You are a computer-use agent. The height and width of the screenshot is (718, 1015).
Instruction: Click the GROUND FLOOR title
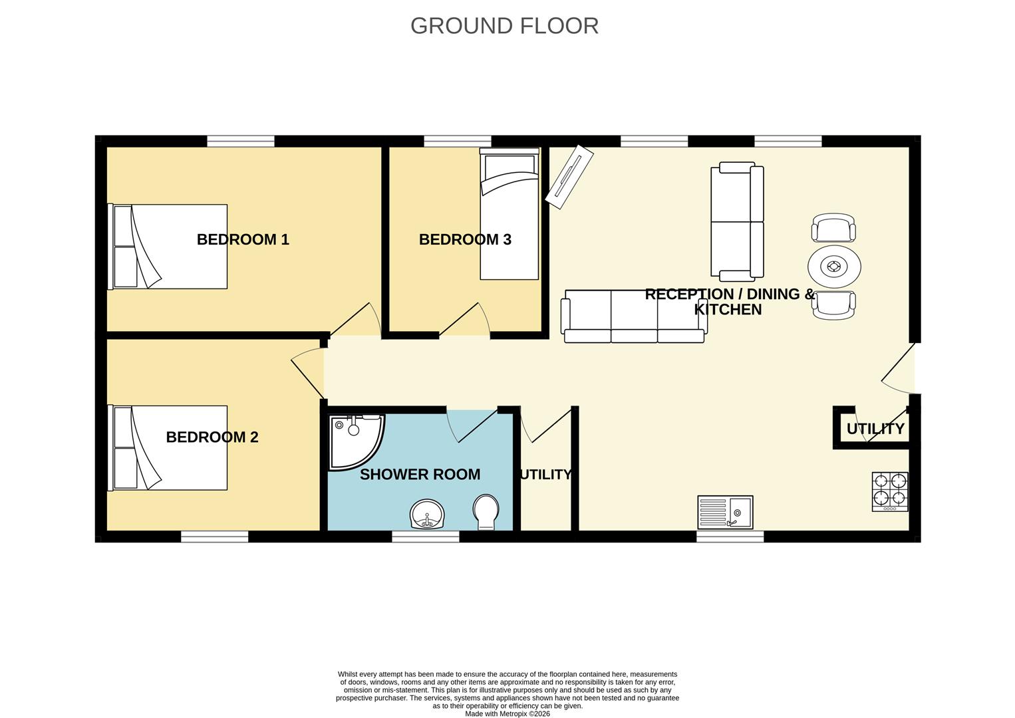(504, 26)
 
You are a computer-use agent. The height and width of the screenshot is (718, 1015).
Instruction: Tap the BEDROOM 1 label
(243, 239)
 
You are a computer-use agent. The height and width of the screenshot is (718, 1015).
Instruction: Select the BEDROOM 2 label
(212, 437)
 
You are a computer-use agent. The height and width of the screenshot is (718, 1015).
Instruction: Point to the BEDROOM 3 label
(465, 239)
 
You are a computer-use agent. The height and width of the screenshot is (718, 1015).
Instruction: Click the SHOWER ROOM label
(420, 474)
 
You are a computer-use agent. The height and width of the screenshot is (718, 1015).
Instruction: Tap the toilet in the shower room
(486, 512)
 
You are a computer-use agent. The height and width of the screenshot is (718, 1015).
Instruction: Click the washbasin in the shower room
(427, 514)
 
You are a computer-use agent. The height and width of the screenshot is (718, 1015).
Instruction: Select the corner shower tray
(357, 442)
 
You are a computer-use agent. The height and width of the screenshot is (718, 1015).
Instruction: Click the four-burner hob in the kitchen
(890, 492)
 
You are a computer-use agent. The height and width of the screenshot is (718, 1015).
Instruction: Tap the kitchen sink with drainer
(725, 513)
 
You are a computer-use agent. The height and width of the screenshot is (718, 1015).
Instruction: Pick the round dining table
(834, 267)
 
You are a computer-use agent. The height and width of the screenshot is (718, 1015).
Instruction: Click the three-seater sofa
(634, 316)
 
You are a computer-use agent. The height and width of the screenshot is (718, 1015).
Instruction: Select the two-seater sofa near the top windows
(737, 221)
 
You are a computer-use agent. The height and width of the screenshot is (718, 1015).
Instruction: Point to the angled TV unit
(569, 177)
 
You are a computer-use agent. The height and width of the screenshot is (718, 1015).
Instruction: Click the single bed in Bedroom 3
(509, 214)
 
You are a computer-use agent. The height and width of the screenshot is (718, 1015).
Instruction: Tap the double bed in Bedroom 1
(168, 247)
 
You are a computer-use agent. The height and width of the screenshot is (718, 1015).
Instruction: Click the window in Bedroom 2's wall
(215, 537)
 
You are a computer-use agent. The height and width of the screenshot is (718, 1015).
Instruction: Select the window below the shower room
(426, 537)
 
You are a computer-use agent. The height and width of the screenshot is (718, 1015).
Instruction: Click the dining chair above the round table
(834, 227)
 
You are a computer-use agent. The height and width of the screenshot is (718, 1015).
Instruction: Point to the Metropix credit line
(507, 714)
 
